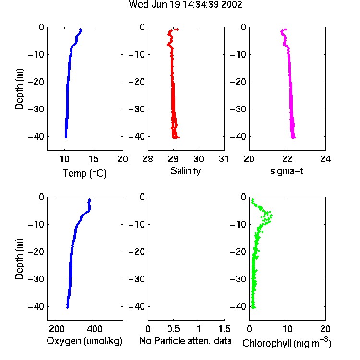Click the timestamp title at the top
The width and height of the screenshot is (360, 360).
point(185,5)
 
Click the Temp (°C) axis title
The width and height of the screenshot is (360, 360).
point(84,173)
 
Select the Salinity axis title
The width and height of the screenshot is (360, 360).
point(185,171)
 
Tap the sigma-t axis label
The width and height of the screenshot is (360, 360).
point(287,171)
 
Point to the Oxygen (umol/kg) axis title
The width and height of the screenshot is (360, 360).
point(84,341)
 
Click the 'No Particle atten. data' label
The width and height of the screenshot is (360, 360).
point(185,341)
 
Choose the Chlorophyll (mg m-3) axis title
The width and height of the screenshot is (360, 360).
point(287,343)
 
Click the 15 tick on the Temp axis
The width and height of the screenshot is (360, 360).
point(94,159)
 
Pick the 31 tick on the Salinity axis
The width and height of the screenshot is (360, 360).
point(224,159)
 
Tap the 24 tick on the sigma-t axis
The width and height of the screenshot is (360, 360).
point(325,159)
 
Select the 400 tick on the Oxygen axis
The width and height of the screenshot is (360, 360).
point(95,329)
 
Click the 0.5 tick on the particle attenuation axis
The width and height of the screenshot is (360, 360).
point(173,329)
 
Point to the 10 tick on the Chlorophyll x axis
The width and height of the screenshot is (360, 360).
point(288,329)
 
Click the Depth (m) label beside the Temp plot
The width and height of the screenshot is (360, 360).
point(19,89)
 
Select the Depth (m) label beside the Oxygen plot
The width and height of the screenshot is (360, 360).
point(19,259)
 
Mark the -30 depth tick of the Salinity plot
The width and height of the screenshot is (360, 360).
point(137,109)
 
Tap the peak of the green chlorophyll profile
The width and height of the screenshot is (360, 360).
point(271,216)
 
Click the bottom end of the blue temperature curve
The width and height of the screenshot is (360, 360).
point(66,137)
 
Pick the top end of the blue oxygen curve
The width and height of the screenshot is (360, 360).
point(90,200)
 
